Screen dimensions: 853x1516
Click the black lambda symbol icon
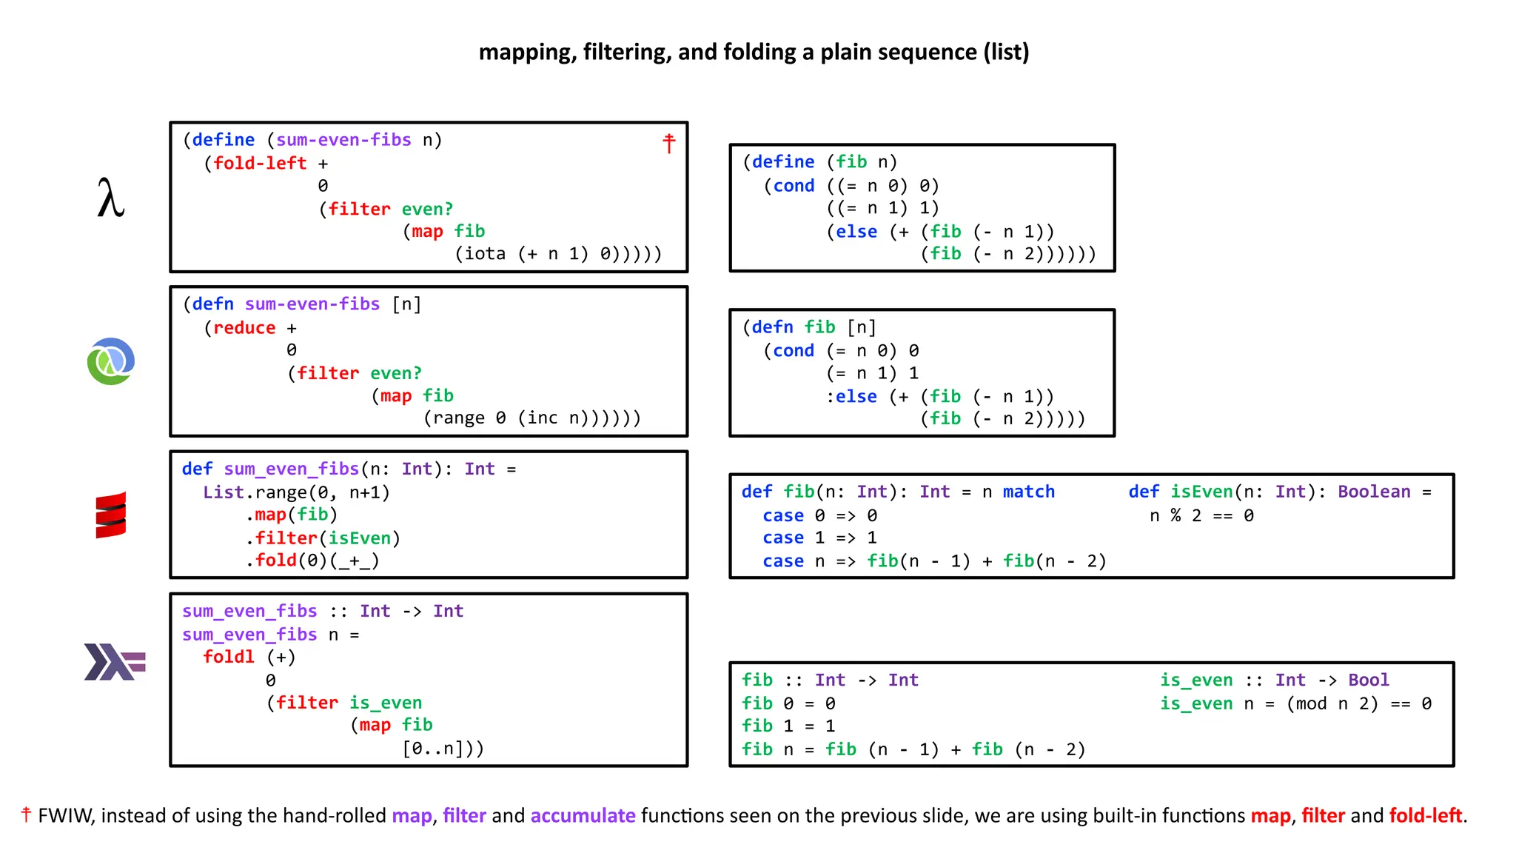click(x=110, y=198)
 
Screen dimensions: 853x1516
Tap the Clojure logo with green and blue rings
click(x=111, y=361)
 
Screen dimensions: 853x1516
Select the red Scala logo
click(x=111, y=515)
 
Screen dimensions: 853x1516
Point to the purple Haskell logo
click(x=115, y=661)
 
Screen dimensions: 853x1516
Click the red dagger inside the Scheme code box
click(x=669, y=143)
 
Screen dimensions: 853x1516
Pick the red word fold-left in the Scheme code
click(x=260, y=163)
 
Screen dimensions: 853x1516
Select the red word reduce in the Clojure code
click(x=244, y=328)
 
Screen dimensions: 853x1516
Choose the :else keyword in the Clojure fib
click(x=852, y=397)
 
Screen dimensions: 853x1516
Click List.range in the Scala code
click(x=255, y=492)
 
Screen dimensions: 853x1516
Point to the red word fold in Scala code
click(x=276, y=561)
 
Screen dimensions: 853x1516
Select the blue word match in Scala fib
click(x=1028, y=492)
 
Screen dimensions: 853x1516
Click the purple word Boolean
click(x=1374, y=492)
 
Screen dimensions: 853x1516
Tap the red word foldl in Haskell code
click(x=229, y=657)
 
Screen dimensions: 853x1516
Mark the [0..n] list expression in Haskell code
click(x=437, y=749)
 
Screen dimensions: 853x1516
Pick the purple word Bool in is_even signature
click(x=1369, y=680)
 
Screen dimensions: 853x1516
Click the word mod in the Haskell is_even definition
click(x=1311, y=703)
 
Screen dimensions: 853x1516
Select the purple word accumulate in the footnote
click(x=583, y=816)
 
